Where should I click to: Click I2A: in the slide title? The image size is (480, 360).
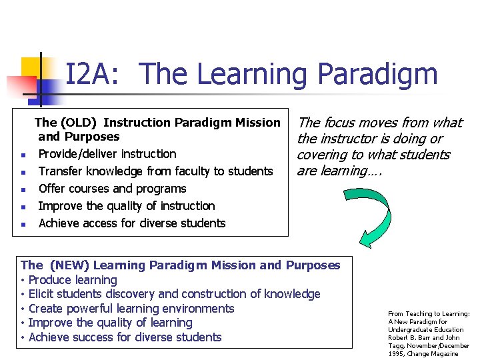pos(93,74)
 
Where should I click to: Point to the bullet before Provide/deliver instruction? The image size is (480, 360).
pos(23,155)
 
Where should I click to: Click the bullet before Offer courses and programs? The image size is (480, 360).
pos(23,190)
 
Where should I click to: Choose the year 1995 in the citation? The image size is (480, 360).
pos(397,354)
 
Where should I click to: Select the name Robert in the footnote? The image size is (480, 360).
pos(399,338)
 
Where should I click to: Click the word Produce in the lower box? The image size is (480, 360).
pos(51,280)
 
